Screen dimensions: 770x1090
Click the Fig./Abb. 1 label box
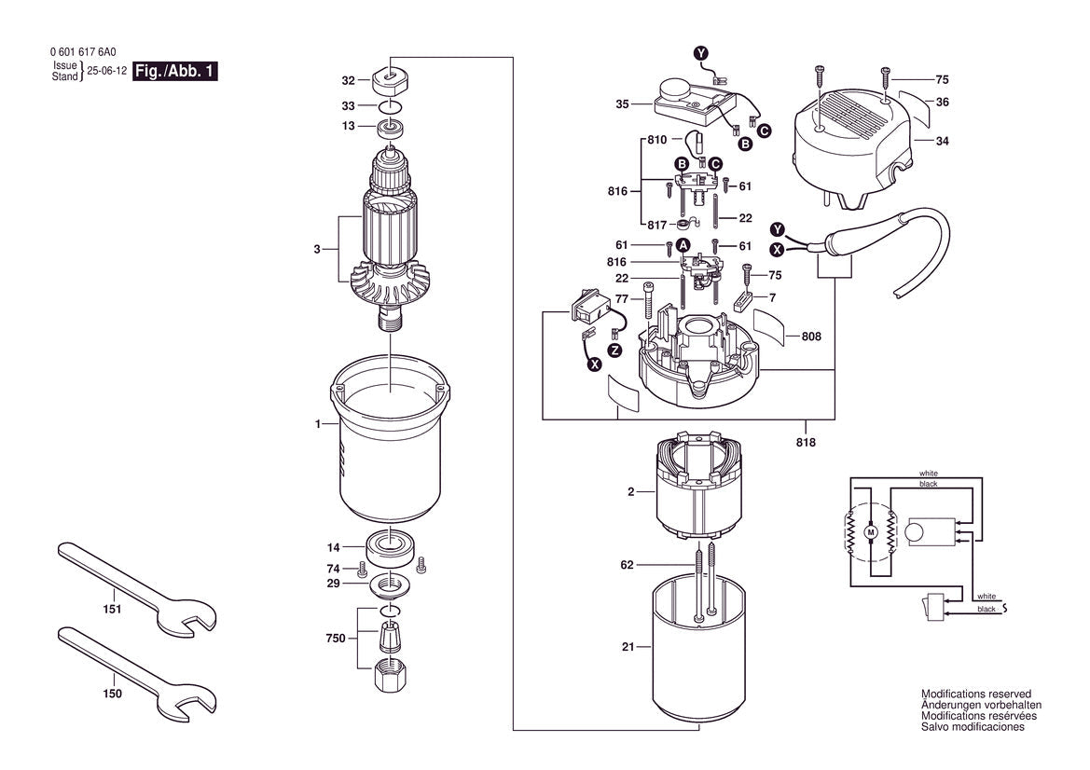(175, 72)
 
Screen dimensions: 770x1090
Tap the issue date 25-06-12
(106, 71)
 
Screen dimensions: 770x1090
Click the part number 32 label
(348, 80)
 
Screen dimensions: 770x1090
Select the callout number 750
(336, 639)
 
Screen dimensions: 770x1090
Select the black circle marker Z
(614, 351)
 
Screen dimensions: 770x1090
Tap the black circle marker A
(683, 245)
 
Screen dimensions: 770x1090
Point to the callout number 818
(805, 442)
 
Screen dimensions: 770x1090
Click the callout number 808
(810, 336)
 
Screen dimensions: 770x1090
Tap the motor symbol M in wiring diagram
(872, 531)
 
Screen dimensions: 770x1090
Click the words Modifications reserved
(975, 694)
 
